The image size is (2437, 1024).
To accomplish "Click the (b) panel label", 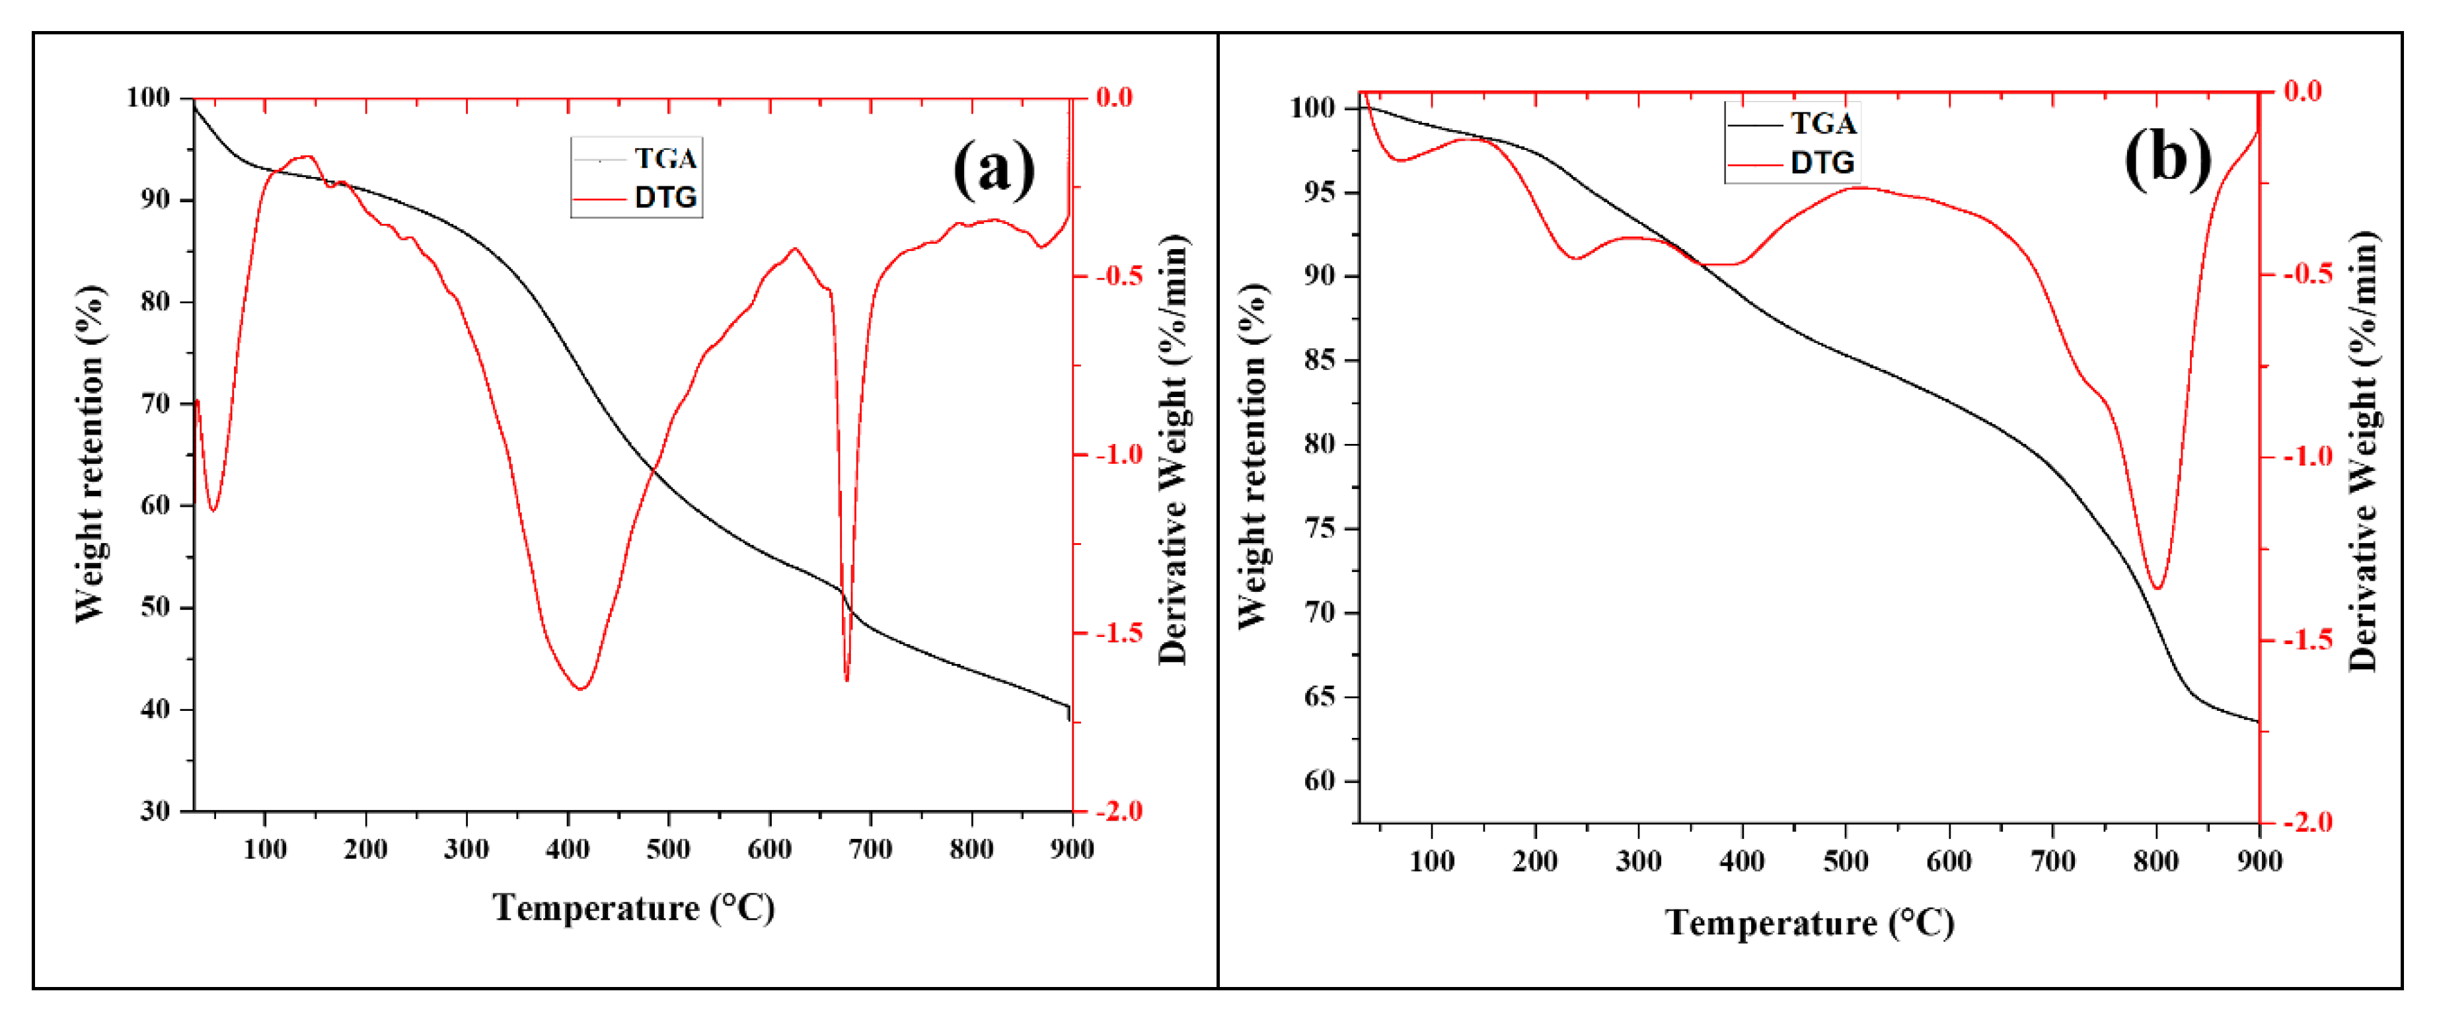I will click(2167, 158).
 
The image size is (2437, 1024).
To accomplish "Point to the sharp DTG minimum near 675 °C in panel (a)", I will click(846, 679).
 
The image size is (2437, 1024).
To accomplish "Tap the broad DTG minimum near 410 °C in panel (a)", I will click(581, 688).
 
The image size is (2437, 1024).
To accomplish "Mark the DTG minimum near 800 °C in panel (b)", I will click(2157, 588).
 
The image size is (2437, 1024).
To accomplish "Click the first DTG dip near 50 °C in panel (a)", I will click(214, 511).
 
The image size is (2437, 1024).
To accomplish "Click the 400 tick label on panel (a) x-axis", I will click(568, 849).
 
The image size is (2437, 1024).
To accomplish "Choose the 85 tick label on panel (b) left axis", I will click(1319, 360).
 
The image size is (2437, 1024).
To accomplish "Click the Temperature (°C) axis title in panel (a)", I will click(634, 908).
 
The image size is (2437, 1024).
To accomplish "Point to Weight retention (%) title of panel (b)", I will click(1252, 456).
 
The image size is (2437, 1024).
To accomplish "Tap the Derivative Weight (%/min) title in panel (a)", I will click(1172, 450).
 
